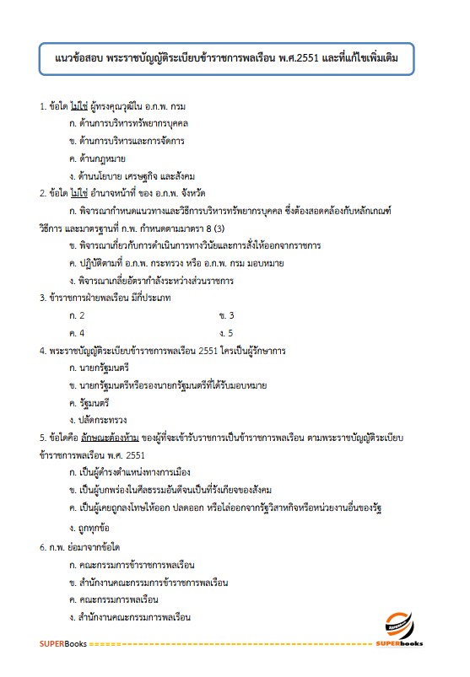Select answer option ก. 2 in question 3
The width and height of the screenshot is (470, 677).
click(77, 314)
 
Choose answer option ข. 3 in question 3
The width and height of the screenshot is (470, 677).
click(225, 314)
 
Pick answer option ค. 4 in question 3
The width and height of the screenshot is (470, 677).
click(77, 332)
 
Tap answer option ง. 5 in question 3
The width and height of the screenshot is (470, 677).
click(225, 332)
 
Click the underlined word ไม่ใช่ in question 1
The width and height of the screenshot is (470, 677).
click(82, 107)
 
